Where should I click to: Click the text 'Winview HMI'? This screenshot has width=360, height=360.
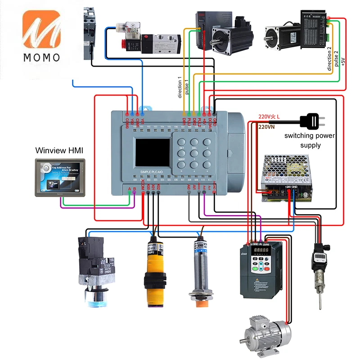point(60,149)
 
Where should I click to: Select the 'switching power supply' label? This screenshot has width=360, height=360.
point(309,140)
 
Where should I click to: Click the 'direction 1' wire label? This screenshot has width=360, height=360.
point(180,87)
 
